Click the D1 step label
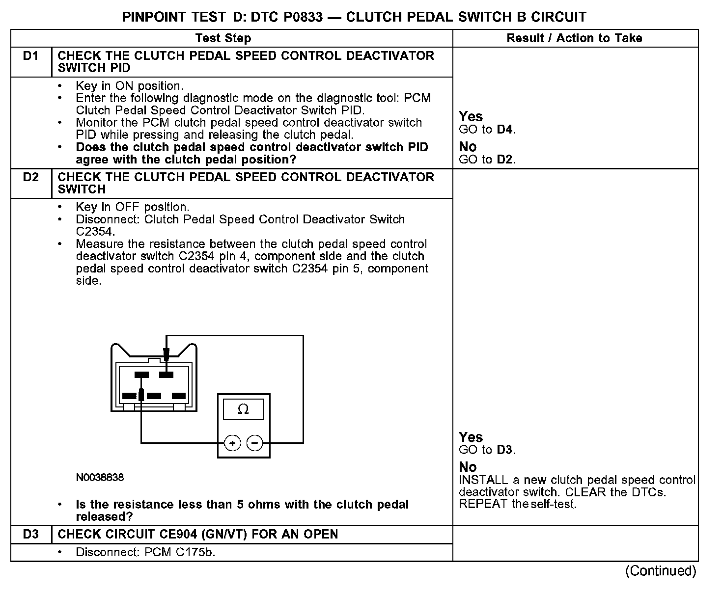tap(30, 56)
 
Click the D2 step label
tap(30, 177)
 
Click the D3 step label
tap(30, 534)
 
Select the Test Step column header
tap(223, 38)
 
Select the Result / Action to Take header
tap(574, 38)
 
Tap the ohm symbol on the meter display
tap(243, 409)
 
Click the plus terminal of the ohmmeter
tap(232, 443)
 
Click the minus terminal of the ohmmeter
tap(254, 443)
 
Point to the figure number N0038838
tap(100, 477)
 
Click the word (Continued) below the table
tap(661, 571)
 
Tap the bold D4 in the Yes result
tap(505, 130)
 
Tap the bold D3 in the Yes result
tap(505, 450)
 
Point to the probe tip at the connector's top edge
tap(167, 354)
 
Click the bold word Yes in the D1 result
tap(471, 117)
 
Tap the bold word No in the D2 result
tap(468, 467)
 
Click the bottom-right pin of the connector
tap(179, 396)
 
